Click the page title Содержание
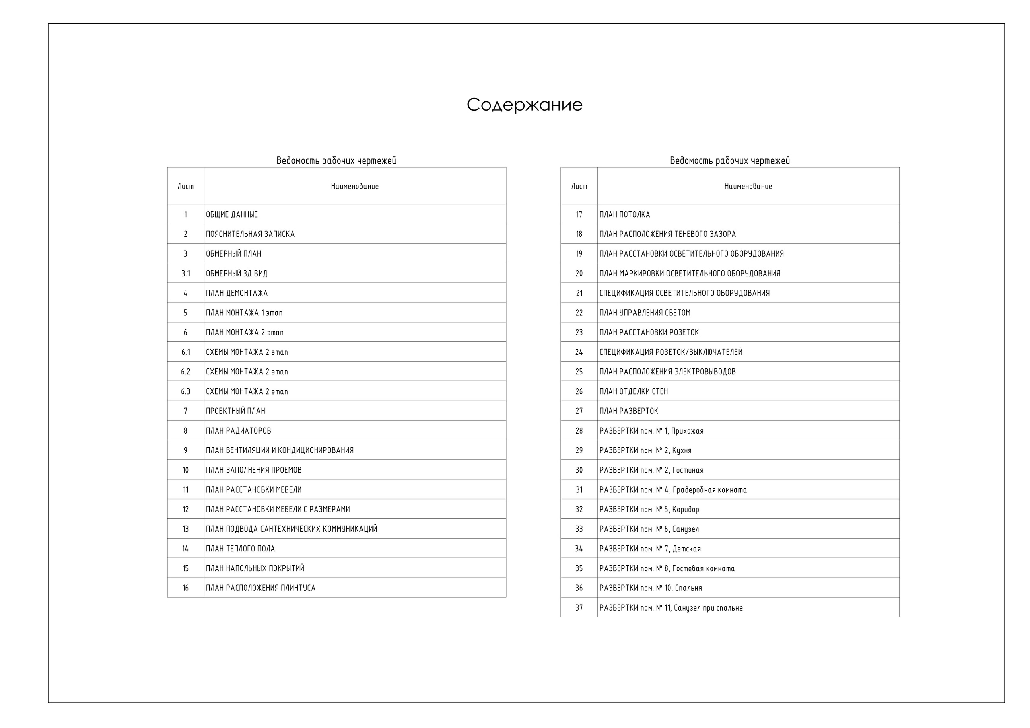coord(524,105)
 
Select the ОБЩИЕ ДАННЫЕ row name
coord(231,214)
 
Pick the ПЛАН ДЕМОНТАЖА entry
coord(237,293)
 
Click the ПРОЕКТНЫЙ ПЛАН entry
coord(235,411)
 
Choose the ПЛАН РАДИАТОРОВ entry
coord(238,431)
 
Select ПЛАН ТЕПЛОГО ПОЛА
coord(240,549)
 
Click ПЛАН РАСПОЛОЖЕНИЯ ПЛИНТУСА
coord(260,588)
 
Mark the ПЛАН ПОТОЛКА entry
coord(624,214)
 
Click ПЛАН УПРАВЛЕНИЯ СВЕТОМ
coord(645,313)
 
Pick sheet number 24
coord(579,352)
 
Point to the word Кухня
coord(682,450)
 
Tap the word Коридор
coord(686,510)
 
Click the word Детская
coord(686,549)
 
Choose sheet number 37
coord(579,608)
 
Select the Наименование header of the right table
coord(748,186)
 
